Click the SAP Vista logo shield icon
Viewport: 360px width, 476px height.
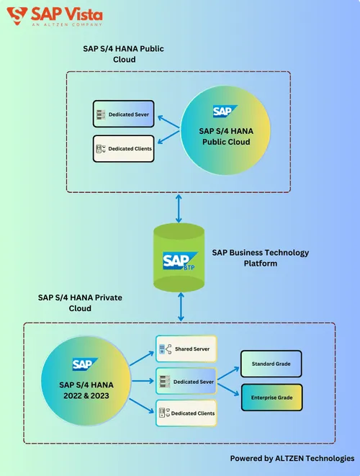coord(17,16)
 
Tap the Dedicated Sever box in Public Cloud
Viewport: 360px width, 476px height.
coord(124,114)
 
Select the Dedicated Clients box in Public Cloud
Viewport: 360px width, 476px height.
coord(124,149)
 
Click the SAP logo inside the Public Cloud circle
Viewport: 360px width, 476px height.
coord(225,111)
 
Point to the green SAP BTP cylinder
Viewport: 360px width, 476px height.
coord(179,257)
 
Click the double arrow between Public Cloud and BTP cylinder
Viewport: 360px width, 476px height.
coord(179,208)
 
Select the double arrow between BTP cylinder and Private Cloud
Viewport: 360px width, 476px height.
coord(181,307)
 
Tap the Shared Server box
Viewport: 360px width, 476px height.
coord(186,349)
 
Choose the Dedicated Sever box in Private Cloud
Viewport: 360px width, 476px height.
coord(186,381)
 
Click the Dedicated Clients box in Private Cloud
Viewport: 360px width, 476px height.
coord(186,413)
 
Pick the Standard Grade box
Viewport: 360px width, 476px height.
coord(271,364)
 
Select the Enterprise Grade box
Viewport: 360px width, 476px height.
coord(271,398)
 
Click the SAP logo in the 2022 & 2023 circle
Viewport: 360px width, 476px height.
coord(85,364)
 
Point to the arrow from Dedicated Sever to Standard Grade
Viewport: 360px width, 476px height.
coord(228,374)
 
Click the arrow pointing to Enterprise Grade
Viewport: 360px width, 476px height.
coord(228,390)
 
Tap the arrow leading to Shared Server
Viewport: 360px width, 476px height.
coord(142,359)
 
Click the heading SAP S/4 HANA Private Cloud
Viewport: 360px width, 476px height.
coord(80,302)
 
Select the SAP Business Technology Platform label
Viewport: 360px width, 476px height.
coord(261,258)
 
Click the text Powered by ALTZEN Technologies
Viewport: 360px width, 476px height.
coord(292,458)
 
